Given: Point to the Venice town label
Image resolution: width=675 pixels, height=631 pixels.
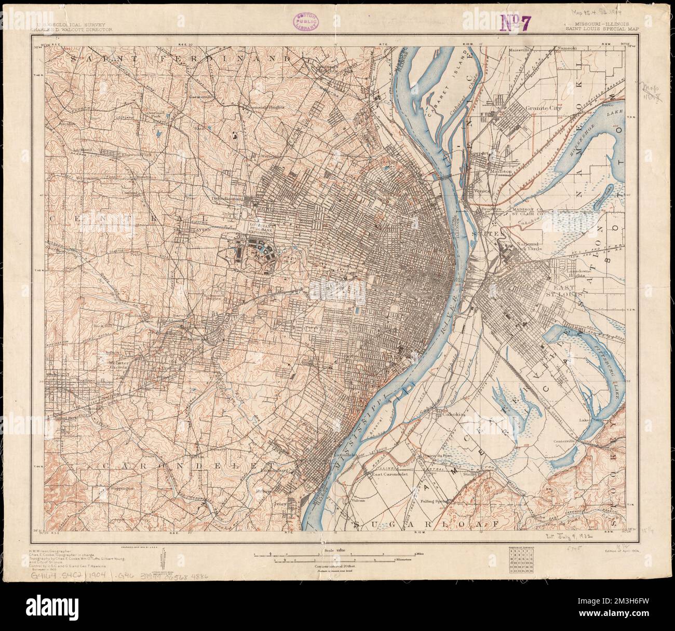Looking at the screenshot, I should pos(482,190).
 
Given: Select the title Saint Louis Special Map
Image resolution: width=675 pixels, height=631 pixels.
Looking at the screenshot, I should pos(602,29).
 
